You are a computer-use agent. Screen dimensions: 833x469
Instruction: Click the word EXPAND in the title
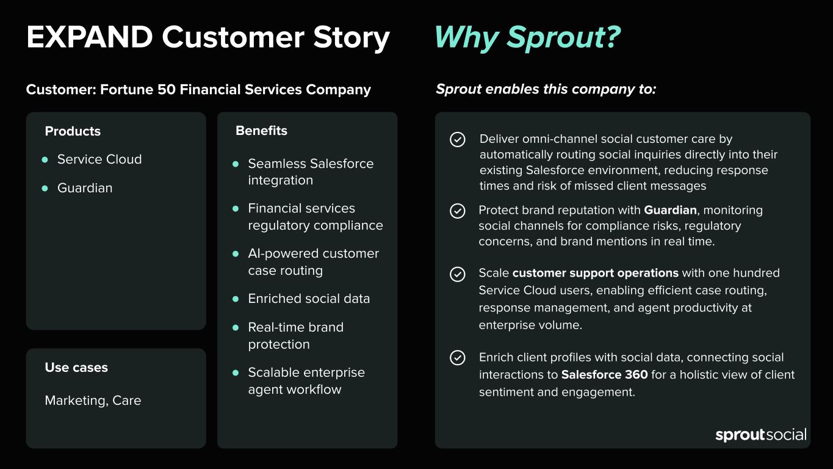point(90,37)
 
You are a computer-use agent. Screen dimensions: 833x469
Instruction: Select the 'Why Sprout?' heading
point(527,38)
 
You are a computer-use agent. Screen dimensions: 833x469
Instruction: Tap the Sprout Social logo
point(761,435)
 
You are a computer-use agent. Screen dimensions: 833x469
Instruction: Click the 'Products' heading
point(73,131)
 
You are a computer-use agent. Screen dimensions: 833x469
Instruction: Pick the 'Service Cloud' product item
point(99,159)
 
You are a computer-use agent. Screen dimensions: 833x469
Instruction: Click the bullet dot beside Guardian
point(45,188)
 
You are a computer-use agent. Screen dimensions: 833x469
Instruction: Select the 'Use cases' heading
point(76,368)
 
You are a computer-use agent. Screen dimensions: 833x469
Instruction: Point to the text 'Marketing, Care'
point(93,401)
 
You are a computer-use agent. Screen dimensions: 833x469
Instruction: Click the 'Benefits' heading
point(261,131)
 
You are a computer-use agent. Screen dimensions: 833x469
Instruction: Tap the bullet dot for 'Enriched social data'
point(236,299)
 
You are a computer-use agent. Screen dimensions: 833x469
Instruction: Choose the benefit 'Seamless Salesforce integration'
point(311,172)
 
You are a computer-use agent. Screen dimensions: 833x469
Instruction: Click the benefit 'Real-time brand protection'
point(295,336)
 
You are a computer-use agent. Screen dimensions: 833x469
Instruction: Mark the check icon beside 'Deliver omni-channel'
point(458,140)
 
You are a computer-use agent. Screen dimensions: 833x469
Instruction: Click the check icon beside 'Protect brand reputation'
point(458,211)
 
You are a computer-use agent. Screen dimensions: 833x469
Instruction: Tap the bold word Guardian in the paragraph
point(670,210)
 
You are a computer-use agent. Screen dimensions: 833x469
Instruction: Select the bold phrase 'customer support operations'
point(596,273)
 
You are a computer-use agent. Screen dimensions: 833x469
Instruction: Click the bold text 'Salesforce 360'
point(604,374)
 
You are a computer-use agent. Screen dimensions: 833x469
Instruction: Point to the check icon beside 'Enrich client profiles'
point(458,358)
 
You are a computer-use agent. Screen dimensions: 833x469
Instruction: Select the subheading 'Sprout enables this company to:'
point(546,89)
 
